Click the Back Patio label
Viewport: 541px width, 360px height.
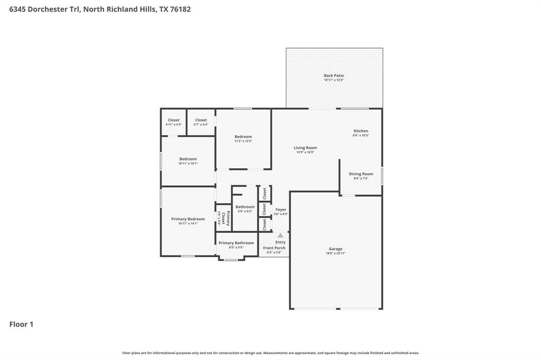coord(334,75)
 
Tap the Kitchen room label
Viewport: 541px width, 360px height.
coord(361,131)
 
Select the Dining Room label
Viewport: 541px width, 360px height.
coord(361,174)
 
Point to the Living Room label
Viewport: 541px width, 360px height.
coord(305,148)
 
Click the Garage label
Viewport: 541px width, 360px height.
coord(335,249)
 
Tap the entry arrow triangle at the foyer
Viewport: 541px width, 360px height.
coord(281,235)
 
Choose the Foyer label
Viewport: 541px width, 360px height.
coord(281,210)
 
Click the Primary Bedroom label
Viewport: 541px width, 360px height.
coord(188,219)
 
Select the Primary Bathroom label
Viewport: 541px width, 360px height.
coord(236,243)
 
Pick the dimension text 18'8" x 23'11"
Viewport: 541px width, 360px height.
coord(335,253)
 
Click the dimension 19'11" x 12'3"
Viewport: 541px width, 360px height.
coord(334,80)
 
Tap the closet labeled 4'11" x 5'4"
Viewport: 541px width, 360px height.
coord(173,125)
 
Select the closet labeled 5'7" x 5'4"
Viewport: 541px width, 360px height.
coord(201,125)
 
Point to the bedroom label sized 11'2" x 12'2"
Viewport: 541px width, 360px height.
coord(244,137)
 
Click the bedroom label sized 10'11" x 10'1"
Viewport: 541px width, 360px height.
coord(188,159)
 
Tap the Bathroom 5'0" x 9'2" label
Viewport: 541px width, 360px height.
coord(245,207)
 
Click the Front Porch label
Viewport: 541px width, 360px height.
coord(274,248)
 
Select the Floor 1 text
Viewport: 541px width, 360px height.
coord(21,324)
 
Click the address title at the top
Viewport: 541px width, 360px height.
coord(100,9)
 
